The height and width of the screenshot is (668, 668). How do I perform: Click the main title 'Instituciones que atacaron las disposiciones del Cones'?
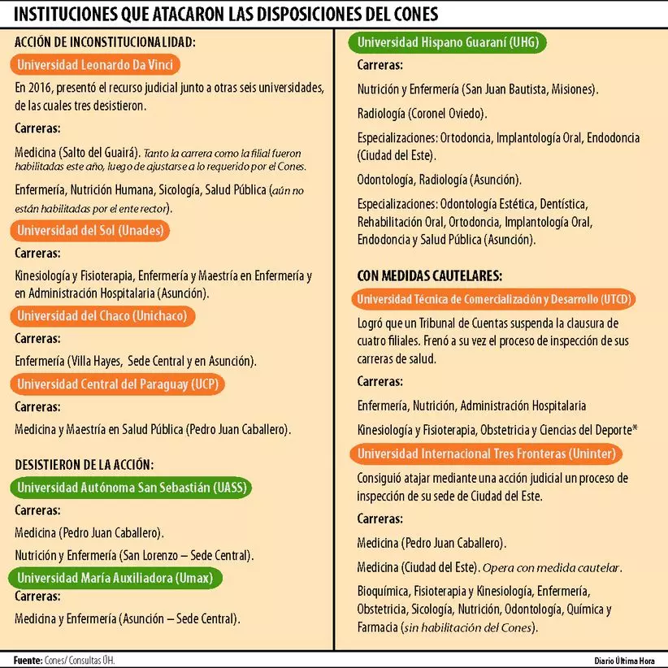tap(226, 15)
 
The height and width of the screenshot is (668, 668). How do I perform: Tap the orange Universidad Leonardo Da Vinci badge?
tap(95, 66)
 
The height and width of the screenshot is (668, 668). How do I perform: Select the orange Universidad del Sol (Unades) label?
tap(90, 231)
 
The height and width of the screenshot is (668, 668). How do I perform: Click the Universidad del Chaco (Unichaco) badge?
tap(102, 315)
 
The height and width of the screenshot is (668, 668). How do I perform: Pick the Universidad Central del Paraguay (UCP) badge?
tap(119, 384)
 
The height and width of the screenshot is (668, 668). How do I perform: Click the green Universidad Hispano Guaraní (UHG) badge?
tap(448, 42)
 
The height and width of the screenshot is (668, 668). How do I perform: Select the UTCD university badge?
tap(494, 299)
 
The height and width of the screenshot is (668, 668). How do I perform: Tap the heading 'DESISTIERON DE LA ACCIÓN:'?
tap(84, 465)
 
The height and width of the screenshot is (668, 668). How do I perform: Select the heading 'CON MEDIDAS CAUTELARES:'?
tap(429, 275)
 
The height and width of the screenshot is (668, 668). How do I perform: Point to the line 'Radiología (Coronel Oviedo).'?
tap(422, 113)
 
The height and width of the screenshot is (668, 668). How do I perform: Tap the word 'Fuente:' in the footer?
tap(28, 660)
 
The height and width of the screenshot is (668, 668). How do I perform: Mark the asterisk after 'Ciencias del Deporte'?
tap(634, 428)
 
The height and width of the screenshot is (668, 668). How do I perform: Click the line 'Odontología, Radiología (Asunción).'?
tap(440, 179)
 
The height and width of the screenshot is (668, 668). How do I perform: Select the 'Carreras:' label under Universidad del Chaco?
tap(38, 337)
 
